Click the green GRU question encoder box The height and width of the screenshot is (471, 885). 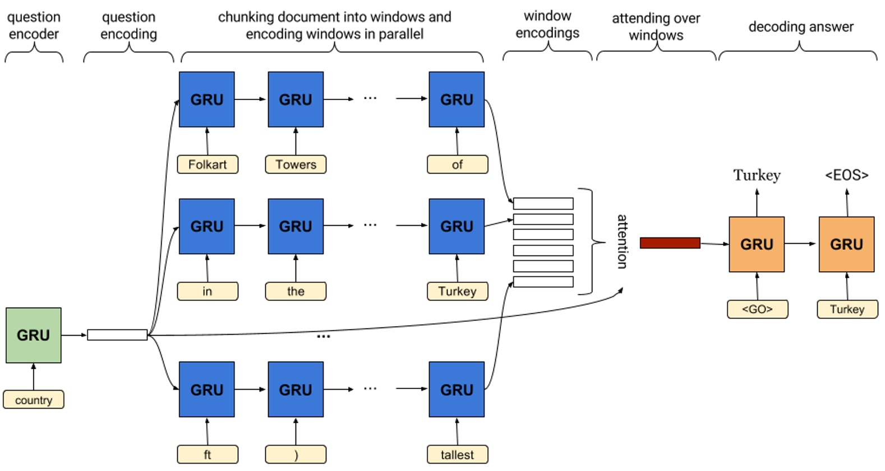tap(33, 335)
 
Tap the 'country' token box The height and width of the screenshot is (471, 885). tap(33, 400)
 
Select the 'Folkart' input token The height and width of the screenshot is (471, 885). tap(208, 164)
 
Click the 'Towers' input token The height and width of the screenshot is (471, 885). tap(296, 164)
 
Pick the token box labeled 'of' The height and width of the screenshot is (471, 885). tap(457, 164)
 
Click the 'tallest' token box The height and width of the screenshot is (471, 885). tap(457, 455)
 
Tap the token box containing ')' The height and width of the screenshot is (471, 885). tap(296, 455)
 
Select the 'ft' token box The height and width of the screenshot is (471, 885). tap(208, 455)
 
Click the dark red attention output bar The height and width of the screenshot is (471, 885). tap(670, 243)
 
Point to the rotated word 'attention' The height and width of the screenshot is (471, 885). tap(622, 241)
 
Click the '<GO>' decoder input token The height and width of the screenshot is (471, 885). tap(757, 309)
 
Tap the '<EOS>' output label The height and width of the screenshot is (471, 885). tap(846, 176)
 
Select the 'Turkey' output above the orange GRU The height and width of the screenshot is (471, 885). tap(757, 176)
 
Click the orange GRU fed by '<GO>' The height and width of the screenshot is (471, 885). tap(757, 244)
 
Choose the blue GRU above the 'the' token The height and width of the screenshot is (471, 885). tap(296, 226)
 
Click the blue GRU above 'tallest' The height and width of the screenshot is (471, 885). tap(457, 390)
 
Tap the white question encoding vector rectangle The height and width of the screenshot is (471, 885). tap(117, 335)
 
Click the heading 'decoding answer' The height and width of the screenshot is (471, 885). tap(800, 27)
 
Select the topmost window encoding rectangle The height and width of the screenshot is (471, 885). tap(543, 203)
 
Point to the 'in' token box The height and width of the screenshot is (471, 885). tap(208, 291)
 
